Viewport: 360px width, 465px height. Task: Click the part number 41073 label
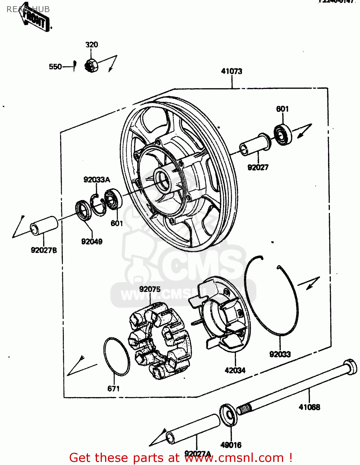231,71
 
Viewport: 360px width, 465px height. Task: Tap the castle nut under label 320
91,65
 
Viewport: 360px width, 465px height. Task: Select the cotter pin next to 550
74,65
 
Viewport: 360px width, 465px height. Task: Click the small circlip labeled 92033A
99,205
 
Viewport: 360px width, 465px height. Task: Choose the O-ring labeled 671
116,356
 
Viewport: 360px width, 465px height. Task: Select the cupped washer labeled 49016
228,415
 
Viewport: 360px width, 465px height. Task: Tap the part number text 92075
150,289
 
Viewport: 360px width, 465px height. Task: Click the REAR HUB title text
28,9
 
